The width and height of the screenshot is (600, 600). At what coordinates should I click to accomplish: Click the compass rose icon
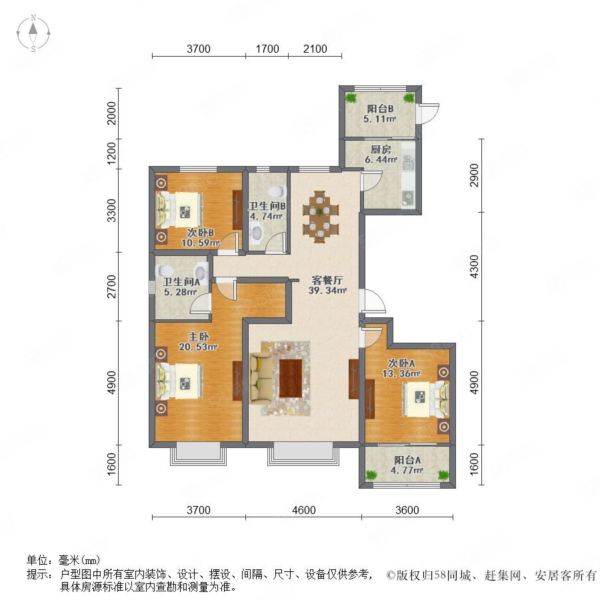tap(33, 33)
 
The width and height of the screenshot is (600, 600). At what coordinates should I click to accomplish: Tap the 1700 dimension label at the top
tap(267, 49)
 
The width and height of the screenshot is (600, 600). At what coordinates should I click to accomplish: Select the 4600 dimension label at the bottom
tap(304, 510)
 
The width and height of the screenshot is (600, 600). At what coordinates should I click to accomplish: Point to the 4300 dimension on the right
tap(474, 267)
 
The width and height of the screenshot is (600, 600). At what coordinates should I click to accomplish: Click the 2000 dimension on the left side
tap(111, 113)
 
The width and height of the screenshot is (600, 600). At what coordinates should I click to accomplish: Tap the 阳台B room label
tap(380, 109)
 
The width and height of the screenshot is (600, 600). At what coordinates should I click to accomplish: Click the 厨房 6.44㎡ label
tap(381, 155)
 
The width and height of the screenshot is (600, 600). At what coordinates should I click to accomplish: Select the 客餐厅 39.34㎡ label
tap(327, 285)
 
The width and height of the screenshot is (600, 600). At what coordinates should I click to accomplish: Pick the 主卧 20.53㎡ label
tap(198, 342)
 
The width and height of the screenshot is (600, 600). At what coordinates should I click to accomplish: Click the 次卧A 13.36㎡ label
tap(401, 368)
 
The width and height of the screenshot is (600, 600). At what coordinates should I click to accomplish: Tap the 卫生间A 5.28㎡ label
tap(181, 287)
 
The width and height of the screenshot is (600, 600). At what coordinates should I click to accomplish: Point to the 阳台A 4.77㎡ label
tap(407, 465)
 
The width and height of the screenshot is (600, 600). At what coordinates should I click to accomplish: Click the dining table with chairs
tap(320, 217)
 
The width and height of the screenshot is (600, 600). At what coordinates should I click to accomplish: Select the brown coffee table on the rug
tap(291, 378)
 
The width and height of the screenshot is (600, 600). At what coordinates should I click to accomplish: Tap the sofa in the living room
tap(261, 378)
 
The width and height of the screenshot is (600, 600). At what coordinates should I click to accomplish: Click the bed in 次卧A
tap(425, 398)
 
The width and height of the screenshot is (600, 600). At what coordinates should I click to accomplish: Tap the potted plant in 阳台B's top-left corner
tap(351, 98)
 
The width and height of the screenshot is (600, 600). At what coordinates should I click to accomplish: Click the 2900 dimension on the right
tap(474, 175)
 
